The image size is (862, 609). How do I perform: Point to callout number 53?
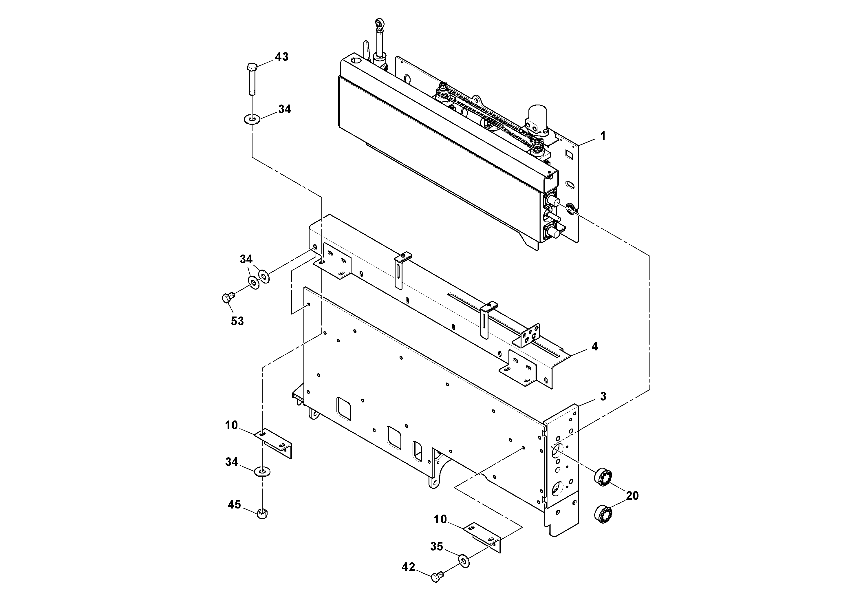pos(237,321)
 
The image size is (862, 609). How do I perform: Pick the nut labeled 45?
pos(262,513)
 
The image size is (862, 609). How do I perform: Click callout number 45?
pos(234,504)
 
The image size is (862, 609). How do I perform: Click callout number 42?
pos(409,567)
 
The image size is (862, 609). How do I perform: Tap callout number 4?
pos(594,346)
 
